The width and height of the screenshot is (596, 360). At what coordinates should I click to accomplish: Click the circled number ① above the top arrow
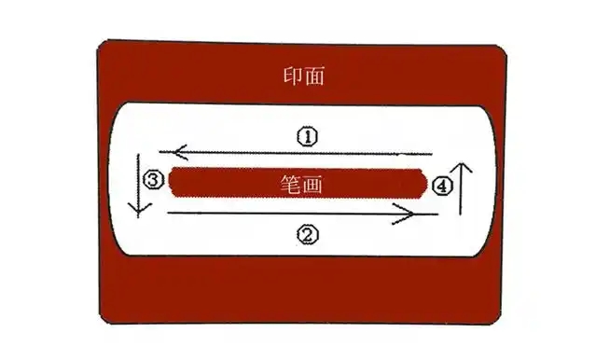308,136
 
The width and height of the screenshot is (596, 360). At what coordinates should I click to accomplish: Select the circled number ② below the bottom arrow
307,235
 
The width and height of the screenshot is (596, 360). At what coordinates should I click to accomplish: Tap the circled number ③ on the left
156,177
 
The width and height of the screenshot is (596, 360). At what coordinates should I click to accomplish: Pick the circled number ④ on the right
443,186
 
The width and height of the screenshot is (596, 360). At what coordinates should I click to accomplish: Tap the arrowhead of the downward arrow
137,210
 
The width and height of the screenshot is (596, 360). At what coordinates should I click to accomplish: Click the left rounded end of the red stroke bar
173,183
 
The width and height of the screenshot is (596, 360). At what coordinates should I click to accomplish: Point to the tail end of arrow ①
434,153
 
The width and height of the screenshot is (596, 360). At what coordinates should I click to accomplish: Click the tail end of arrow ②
167,214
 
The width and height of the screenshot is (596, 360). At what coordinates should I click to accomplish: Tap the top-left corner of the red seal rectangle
99,45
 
